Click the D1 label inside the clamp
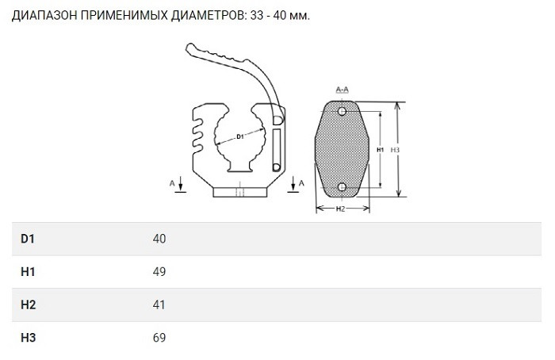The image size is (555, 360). [240, 137]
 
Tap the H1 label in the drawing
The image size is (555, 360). [380, 149]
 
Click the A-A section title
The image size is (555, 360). [343, 90]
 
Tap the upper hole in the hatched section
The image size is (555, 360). [342, 110]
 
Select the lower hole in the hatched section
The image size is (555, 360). [342, 186]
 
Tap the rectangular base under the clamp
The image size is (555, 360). [238, 191]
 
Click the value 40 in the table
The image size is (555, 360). [159, 239]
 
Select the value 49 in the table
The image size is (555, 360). [159, 272]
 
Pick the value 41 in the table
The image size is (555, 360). [159, 305]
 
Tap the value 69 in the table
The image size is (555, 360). [159, 339]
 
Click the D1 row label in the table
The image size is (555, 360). [28, 239]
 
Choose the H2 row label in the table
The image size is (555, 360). [28, 305]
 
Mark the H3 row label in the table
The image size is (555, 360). [28, 339]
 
